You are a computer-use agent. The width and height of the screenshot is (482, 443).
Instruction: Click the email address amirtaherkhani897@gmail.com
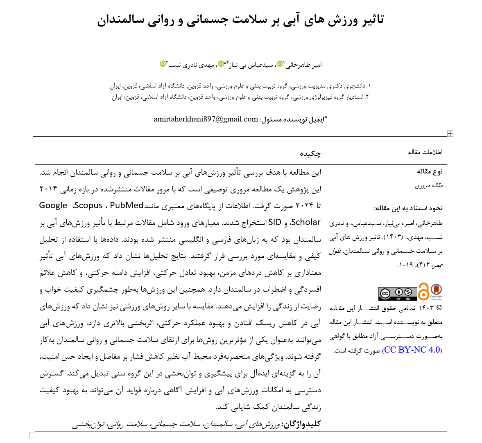[x=206, y=119]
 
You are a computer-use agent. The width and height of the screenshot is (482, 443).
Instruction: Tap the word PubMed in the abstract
[x=127, y=205]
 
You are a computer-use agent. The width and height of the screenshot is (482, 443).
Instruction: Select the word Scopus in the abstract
[x=88, y=205]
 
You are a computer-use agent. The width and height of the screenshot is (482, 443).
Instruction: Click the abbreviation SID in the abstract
[x=275, y=223]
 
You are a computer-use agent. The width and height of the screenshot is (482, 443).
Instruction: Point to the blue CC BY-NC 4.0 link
[x=412, y=350]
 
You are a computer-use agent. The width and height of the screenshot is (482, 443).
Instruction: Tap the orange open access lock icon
[x=423, y=292]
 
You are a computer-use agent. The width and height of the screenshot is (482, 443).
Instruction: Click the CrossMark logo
[x=436, y=292]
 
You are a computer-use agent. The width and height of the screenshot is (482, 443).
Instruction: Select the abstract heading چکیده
[x=310, y=153]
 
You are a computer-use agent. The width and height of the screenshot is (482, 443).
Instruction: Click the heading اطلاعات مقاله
[x=425, y=152]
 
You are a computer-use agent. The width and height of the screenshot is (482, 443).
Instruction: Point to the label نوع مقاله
[x=430, y=171]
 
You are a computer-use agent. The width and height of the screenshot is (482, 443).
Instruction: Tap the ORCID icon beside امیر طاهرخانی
[x=280, y=64]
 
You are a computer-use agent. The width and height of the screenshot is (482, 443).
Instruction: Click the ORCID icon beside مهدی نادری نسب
[x=163, y=64]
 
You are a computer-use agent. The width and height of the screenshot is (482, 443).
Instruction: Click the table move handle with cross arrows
[x=450, y=133]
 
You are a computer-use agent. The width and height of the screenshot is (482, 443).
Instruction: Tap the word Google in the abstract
[x=53, y=205]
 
